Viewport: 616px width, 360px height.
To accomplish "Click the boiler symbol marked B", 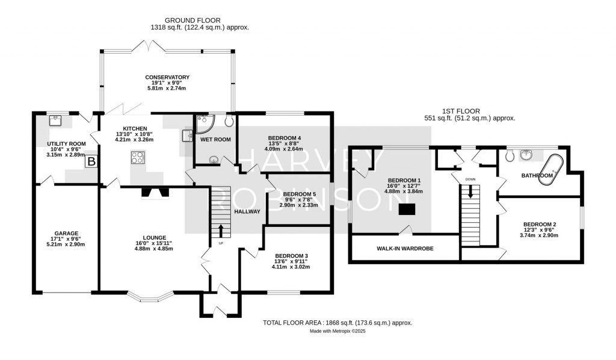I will [91, 161].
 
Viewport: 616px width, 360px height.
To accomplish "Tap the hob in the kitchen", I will [137, 158].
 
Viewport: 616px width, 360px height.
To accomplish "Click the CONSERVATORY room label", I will [167, 77].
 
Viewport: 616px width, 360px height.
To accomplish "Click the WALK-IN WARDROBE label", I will [405, 248].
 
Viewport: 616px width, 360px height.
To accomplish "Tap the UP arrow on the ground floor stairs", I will [220, 231].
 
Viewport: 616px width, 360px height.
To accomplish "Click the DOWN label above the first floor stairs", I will [470, 179].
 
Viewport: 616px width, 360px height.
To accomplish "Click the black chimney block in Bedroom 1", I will [407, 209].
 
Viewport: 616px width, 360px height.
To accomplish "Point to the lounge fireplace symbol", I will [155, 193].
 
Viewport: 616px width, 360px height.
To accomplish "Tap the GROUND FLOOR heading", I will [199, 20].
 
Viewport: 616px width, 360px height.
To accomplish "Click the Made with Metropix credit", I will [337, 331].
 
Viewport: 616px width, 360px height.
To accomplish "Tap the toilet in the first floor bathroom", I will [510, 156].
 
